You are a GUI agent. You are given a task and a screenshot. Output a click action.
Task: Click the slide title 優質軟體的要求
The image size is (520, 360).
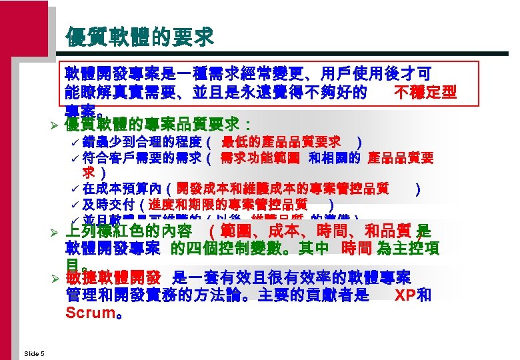(x=140, y=37)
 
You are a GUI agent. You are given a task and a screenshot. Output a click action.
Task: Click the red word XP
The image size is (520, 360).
(x=405, y=295)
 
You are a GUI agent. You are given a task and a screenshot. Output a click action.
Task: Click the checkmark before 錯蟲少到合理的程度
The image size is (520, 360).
(x=75, y=143)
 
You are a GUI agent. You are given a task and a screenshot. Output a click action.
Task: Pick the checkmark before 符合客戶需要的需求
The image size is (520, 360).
(x=75, y=159)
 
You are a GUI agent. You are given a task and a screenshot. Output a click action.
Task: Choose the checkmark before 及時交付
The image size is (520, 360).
(x=75, y=205)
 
